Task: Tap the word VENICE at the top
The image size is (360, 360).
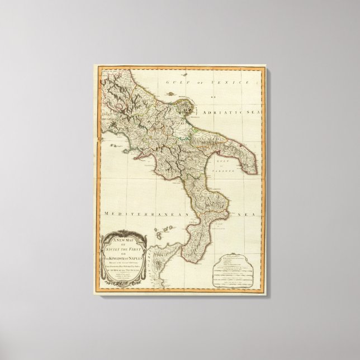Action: pos(212,82)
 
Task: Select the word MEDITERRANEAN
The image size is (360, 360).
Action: pos(135,213)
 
